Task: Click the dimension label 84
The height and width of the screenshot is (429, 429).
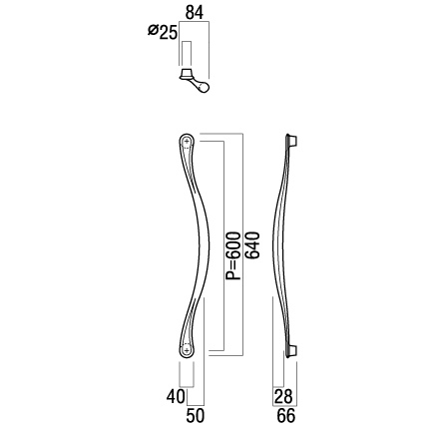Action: click(x=195, y=12)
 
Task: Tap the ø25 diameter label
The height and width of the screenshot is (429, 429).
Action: click(x=163, y=32)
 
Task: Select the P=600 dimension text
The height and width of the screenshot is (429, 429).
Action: click(x=232, y=256)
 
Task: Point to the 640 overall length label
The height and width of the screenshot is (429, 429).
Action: click(x=251, y=245)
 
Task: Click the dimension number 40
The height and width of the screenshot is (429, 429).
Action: click(x=176, y=396)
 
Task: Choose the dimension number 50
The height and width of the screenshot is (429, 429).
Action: click(x=196, y=416)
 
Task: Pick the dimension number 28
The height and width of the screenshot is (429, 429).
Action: click(x=283, y=396)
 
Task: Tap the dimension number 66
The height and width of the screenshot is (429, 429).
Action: click(x=286, y=416)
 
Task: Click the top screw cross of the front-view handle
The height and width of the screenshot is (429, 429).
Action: click(x=187, y=142)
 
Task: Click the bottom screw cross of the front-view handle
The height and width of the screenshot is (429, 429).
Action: click(x=187, y=350)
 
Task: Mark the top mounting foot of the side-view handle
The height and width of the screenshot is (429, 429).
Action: click(x=293, y=141)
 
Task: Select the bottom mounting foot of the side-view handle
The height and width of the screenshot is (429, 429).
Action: click(x=293, y=351)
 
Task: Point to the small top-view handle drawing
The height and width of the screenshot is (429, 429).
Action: click(x=195, y=81)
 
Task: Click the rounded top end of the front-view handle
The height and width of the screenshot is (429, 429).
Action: click(x=187, y=135)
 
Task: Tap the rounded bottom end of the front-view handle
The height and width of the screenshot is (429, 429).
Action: click(x=187, y=357)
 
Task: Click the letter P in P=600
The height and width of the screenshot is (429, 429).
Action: click(x=232, y=275)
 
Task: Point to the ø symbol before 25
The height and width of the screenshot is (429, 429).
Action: click(x=153, y=31)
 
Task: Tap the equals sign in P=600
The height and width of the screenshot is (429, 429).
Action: click(x=233, y=264)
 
